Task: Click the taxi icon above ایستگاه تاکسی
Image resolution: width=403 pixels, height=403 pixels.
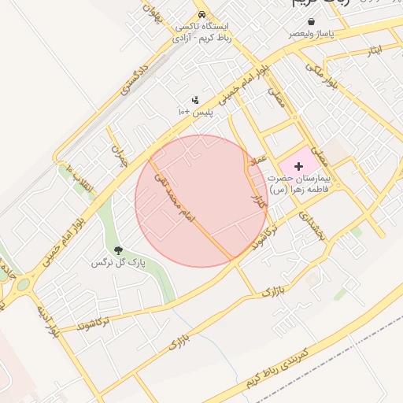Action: coord(202,15)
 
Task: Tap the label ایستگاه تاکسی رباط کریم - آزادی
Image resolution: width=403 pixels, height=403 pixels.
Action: coord(204,31)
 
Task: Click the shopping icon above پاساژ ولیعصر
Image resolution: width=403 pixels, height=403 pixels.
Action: coord(312,20)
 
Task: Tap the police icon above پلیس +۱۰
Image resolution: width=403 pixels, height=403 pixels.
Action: coord(194,99)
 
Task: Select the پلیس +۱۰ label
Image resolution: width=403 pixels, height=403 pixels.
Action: coord(194,113)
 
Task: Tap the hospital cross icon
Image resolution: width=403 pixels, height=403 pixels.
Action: coord(298,165)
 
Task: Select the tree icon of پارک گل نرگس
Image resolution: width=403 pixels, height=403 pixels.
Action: coord(119,250)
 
